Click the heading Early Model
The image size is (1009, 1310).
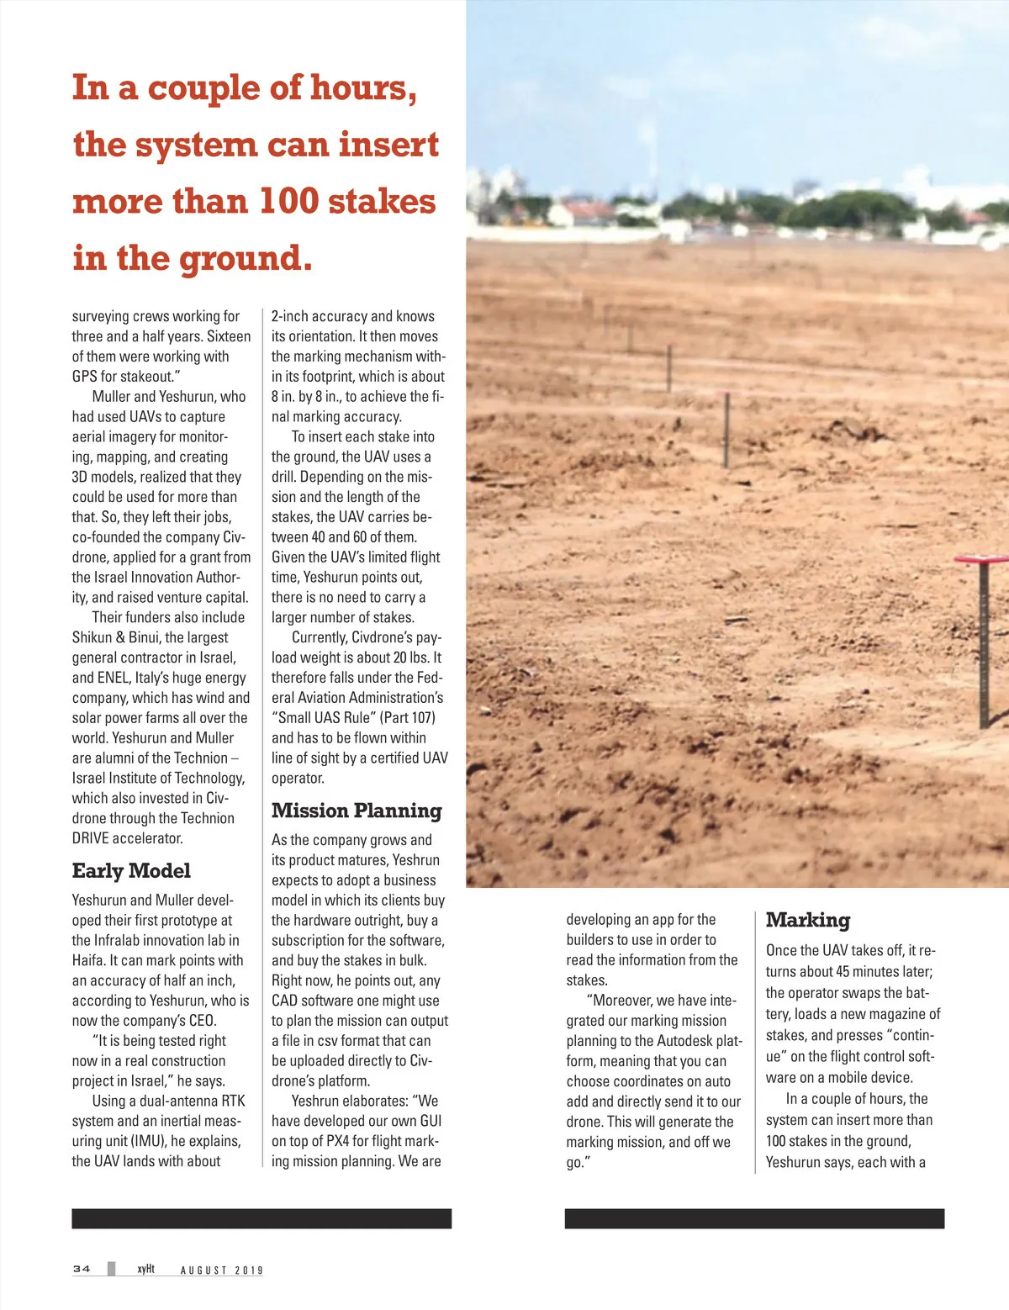coord(131,871)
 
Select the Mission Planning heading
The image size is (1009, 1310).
coord(357,811)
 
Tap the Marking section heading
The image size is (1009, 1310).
coord(807,920)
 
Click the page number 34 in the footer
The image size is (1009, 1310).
coord(82,1269)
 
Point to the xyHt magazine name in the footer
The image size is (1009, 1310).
coord(146,1269)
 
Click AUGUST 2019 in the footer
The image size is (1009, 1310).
coord(221,1270)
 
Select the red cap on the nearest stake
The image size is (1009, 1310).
coord(981,558)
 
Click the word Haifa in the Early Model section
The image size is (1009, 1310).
coord(90,960)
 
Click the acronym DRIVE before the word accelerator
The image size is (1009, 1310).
coord(91,838)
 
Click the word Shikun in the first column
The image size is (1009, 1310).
coord(92,637)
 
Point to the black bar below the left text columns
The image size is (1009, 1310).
coord(261,1218)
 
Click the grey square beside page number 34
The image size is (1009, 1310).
coord(111,1269)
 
